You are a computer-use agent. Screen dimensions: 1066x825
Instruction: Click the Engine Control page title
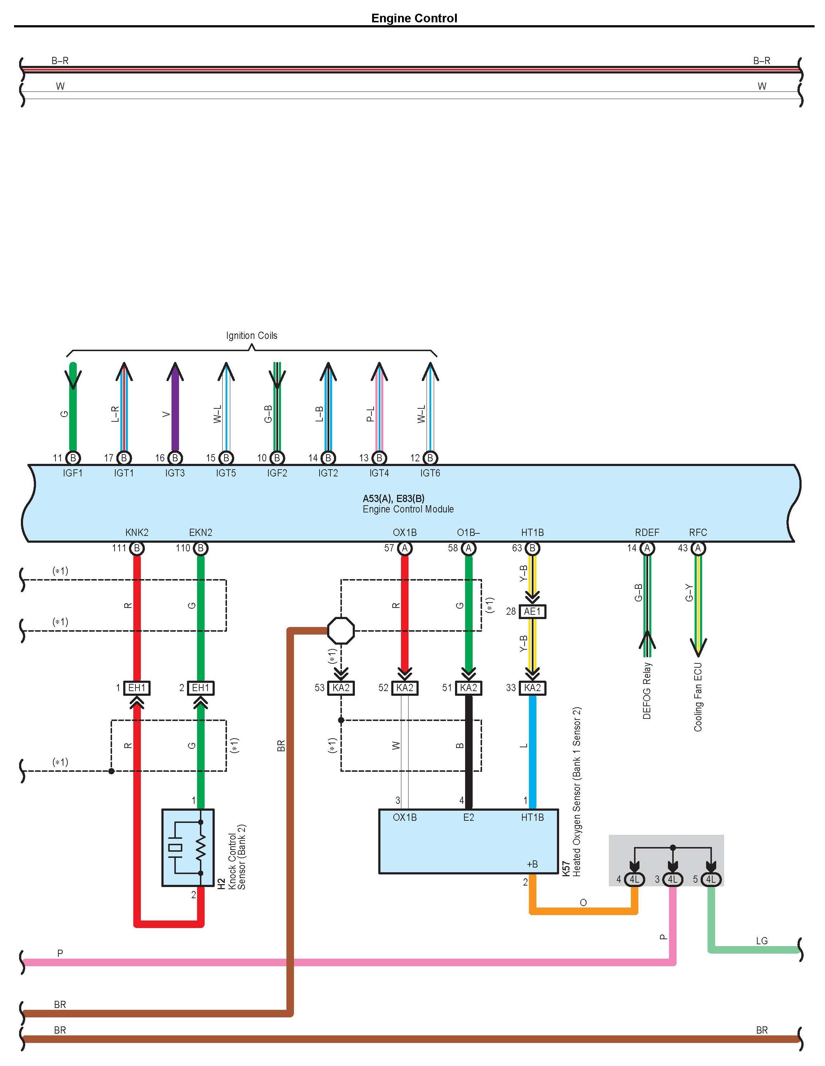[x=414, y=18]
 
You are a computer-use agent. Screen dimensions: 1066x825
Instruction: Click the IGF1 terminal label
[x=73, y=473]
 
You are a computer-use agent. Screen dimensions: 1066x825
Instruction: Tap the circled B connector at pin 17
[x=124, y=458]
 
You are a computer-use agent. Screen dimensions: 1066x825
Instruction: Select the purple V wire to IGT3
[x=175, y=410]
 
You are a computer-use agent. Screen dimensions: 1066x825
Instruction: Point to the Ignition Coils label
[x=251, y=335]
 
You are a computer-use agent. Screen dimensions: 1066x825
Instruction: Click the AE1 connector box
[x=532, y=612]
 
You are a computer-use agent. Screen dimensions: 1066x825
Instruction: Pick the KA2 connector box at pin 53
[x=341, y=688]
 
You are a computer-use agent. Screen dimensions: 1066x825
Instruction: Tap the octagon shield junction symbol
[x=341, y=631]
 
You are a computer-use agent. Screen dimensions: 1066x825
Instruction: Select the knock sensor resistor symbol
[x=201, y=847]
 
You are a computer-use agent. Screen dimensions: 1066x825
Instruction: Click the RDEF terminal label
[x=647, y=533]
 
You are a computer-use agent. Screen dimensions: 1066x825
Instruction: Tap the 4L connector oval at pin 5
[x=711, y=879]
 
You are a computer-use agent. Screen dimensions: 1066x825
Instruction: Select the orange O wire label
[x=583, y=902]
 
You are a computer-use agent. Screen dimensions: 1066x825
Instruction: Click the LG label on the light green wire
[x=762, y=941]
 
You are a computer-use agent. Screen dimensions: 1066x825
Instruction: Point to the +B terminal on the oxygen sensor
[x=532, y=864]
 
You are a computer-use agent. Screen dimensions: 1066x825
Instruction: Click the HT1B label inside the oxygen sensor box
[x=532, y=817]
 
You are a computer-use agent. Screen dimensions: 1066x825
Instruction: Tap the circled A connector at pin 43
[x=698, y=548]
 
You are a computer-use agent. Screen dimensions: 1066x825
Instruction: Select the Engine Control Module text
[x=408, y=509]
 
